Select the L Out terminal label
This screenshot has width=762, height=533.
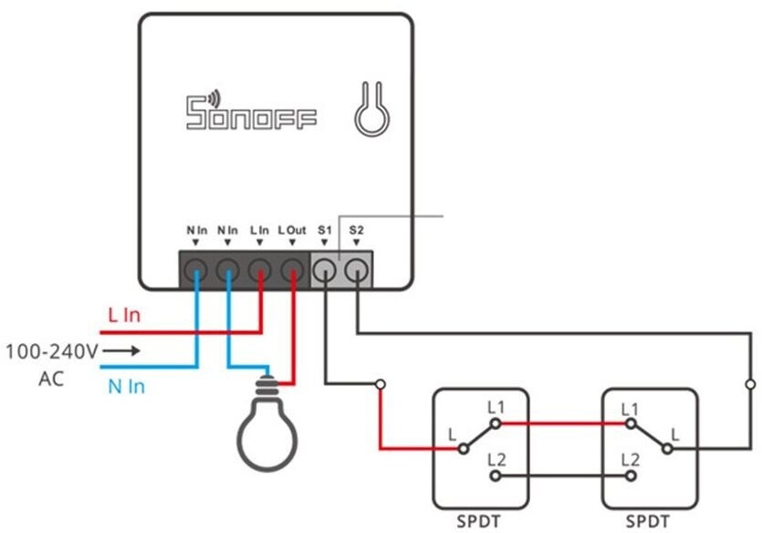coord(292,231)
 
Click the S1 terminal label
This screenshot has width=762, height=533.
coord(325,231)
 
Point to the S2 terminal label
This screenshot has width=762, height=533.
coord(357,231)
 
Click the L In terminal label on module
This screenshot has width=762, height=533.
coord(259,231)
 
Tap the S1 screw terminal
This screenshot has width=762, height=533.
coord(325,269)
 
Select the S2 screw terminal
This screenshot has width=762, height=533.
coord(357,269)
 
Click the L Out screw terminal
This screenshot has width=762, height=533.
coord(292,269)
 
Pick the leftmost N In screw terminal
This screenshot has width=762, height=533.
coord(196,269)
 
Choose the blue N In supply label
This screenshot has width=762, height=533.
coord(126,386)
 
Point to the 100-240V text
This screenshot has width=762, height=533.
coord(52,350)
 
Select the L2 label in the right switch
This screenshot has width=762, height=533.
coord(630,460)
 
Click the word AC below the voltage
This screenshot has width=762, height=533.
coord(52,378)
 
